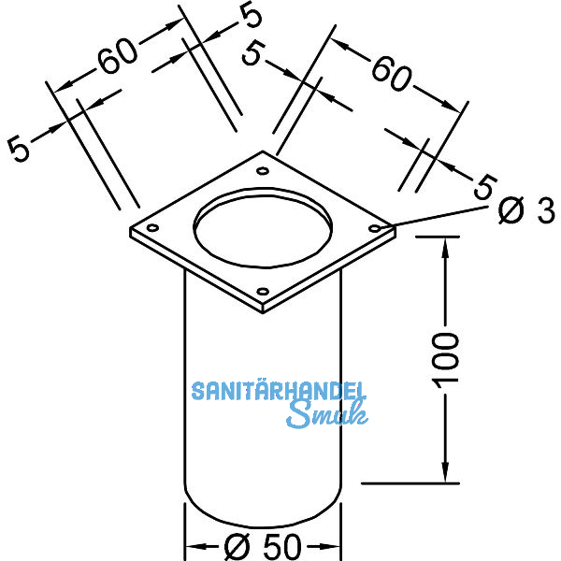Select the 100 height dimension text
447,358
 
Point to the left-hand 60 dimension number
118,60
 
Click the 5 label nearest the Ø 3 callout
482,186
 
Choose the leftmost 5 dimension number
20,148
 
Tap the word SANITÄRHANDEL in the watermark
279,391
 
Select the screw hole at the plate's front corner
263,291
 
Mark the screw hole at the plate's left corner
152,227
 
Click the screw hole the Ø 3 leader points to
376,227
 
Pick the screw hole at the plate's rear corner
263,171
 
